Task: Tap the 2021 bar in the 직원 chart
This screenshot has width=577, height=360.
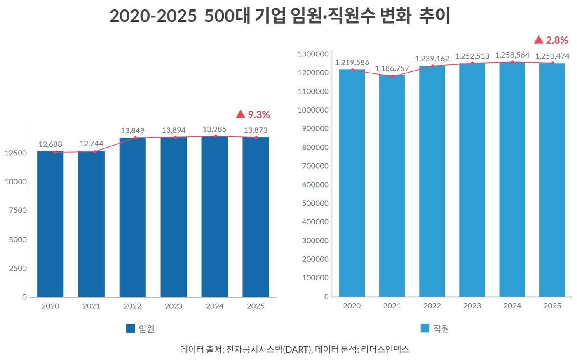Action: pyautogui.click(x=392, y=186)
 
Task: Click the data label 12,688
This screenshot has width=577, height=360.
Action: pyautogui.click(x=50, y=144)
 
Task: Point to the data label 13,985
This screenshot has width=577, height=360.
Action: pyautogui.click(x=214, y=129)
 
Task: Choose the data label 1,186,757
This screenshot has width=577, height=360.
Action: pyautogui.click(x=392, y=68)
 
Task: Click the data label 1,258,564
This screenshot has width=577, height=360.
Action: pyautogui.click(x=512, y=55)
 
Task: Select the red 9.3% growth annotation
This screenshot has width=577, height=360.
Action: pyautogui.click(x=253, y=115)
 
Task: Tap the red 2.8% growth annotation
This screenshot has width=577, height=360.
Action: pyautogui.click(x=551, y=40)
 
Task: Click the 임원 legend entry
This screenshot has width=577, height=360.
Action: pyautogui.click(x=141, y=329)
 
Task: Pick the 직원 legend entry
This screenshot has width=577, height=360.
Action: pyautogui.click(x=435, y=328)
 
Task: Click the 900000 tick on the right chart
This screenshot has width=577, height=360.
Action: pyautogui.click(x=315, y=129)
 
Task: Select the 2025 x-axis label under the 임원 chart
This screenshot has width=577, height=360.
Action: pyautogui.click(x=256, y=306)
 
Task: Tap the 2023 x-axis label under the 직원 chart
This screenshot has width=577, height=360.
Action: pyautogui.click(x=472, y=306)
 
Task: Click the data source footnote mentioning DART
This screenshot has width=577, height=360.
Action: pyautogui.click(x=295, y=349)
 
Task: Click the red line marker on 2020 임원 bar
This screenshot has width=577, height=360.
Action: pyautogui.click(x=54, y=152)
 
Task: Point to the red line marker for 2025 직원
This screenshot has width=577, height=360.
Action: pyautogui.click(x=553, y=63)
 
